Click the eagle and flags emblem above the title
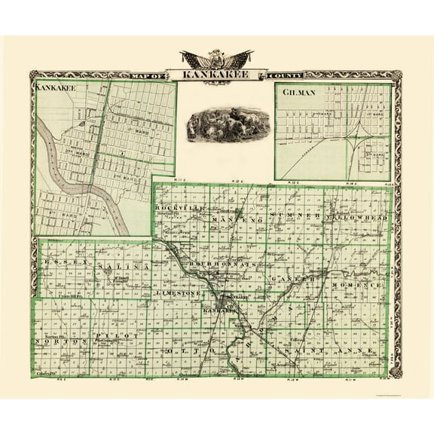[217, 59]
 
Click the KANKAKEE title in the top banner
[217, 75]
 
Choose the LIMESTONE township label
[177, 292]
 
